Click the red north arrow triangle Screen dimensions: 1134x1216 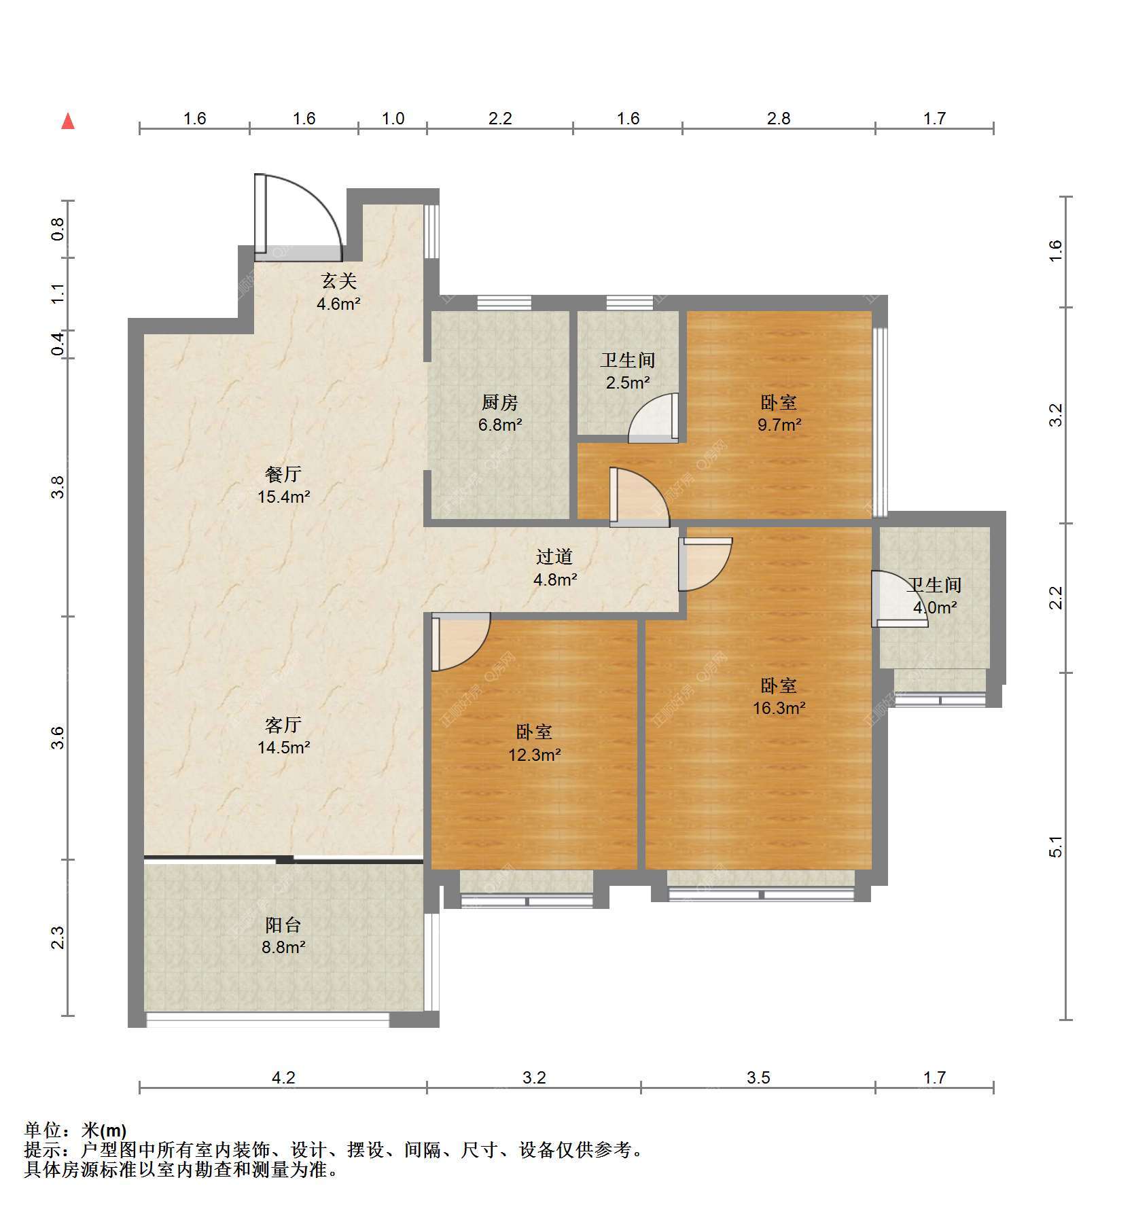click(x=68, y=121)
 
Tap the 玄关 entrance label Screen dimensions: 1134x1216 click(x=338, y=281)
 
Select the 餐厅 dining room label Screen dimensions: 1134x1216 click(x=283, y=473)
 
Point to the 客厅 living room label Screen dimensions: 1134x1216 click(x=283, y=725)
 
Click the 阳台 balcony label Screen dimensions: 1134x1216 click(x=283, y=925)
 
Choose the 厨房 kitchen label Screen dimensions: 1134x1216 click(x=500, y=402)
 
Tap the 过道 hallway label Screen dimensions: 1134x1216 click(x=554, y=557)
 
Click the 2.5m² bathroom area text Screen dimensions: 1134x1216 click(x=628, y=382)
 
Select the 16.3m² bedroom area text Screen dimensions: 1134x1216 click(x=779, y=708)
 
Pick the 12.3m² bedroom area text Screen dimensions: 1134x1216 click(x=535, y=754)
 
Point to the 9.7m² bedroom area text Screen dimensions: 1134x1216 click(x=779, y=425)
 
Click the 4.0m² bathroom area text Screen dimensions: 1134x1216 click(x=935, y=607)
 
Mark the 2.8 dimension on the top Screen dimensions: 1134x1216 click(x=779, y=119)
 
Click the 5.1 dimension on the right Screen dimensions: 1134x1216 click(x=1055, y=846)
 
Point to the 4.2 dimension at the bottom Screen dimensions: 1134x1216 click(x=283, y=1077)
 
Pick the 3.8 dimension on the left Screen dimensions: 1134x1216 click(x=58, y=487)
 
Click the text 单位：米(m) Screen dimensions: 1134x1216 click(x=75, y=1130)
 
